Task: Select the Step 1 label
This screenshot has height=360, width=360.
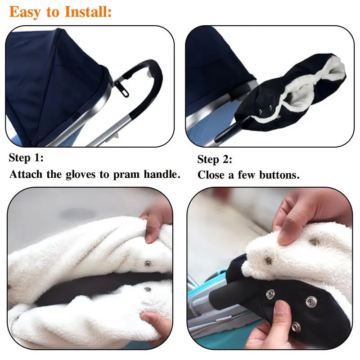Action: click(27, 158)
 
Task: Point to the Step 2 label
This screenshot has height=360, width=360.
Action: click(215, 159)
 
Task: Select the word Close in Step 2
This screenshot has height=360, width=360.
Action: click(211, 175)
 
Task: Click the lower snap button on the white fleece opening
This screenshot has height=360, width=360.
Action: click(147, 290)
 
